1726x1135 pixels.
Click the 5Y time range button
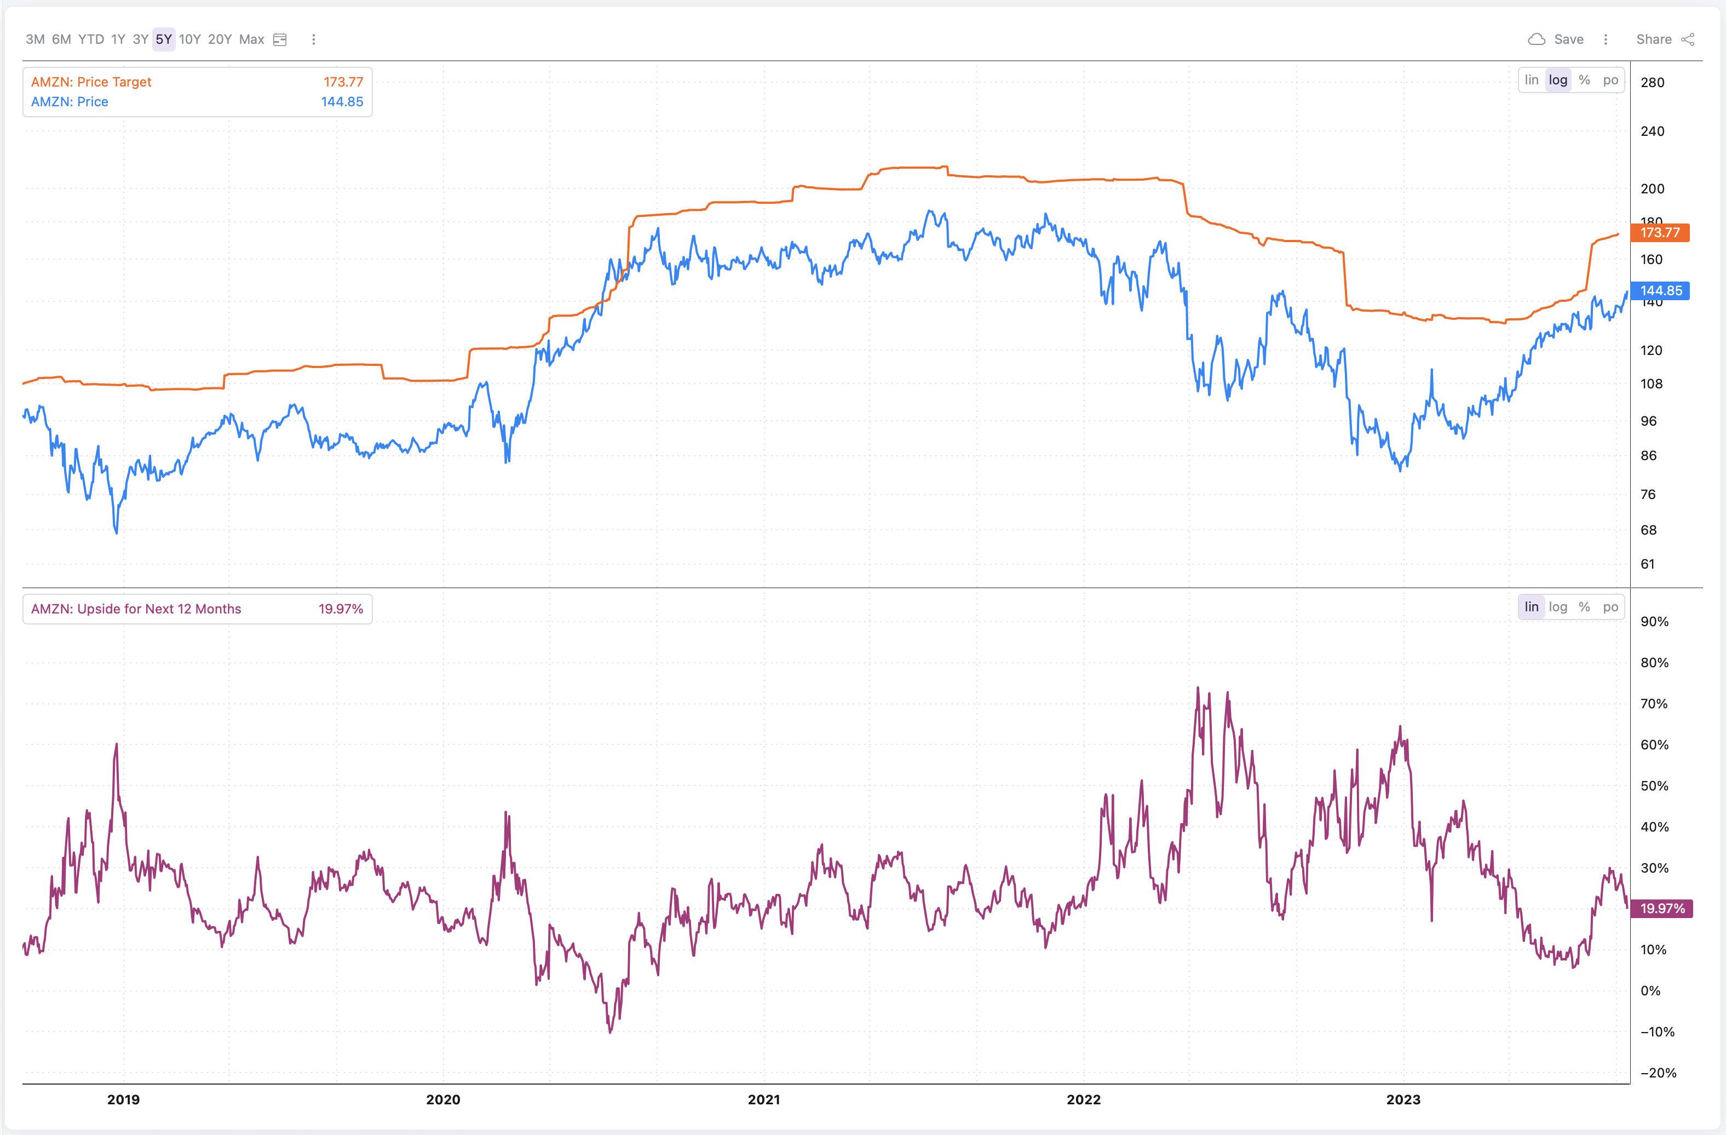pyautogui.click(x=163, y=39)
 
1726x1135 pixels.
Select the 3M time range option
pyautogui.click(x=35, y=39)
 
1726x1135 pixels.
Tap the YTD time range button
pyautogui.click(x=91, y=39)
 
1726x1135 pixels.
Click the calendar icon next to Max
pyautogui.click(x=280, y=39)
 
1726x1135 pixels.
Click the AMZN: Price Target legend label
pyautogui.click(x=91, y=82)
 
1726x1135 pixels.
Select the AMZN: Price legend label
pyautogui.click(x=70, y=101)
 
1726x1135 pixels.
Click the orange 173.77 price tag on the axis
pyautogui.click(x=1660, y=233)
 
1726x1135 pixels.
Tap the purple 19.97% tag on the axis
pyautogui.click(x=1662, y=909)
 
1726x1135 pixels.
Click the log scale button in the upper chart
pyautogui.click(x=1558, y=80)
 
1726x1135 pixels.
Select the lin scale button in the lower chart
pyautogui.click(x=1531, y=607)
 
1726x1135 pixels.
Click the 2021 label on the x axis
pyautogui.click(x=764, y=1099)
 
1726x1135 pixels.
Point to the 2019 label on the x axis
pyautogui.click(x=123, y=1099)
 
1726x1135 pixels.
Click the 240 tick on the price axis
pyautogui.click(x=1652, y=131)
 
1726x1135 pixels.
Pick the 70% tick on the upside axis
pyautogui.click(x=1654, y=703)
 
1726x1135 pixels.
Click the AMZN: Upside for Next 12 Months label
pyautogui.click(x=136, y=609)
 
